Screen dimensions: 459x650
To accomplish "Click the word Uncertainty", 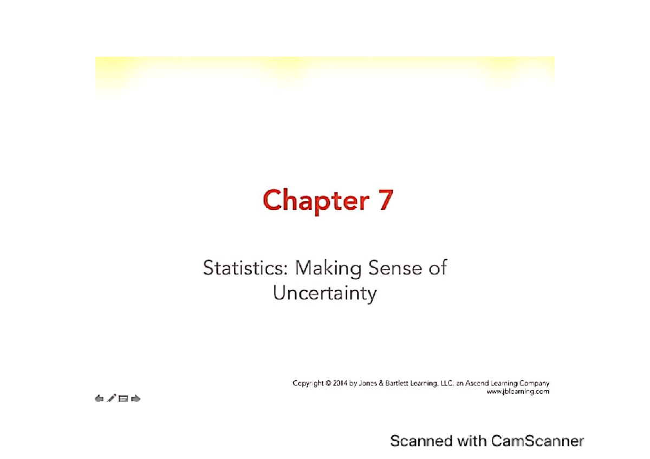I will pyautogui.click(x=324, y=294).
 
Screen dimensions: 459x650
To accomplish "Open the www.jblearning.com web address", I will pyautogui.click(x=519, y=391).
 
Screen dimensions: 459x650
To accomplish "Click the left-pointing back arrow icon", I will pyautogui.click(x=99, y=399).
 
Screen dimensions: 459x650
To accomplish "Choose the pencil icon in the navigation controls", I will pyautogui.click(x=111, y=399).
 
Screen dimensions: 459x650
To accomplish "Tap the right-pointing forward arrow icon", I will pyautogui.click(x=136, y=399).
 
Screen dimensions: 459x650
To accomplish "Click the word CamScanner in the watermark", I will pyautogui.click(x=538, y=441).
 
